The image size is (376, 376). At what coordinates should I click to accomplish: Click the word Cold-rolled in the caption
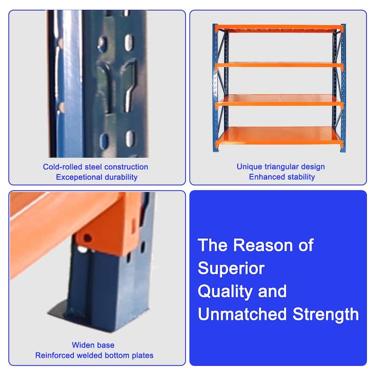[63, 167]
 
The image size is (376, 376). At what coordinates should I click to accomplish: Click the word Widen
[82, 345]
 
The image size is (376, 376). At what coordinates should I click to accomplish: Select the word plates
[143, 356]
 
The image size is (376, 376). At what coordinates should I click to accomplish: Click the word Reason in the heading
[263, 245]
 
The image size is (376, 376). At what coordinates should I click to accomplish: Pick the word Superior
[231, 268]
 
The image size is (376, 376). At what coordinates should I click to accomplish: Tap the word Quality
[225, 291]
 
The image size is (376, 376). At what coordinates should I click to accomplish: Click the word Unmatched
[242, 314]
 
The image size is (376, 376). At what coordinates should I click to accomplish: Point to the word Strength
[326, 314]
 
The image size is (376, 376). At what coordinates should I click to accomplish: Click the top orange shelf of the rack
[279, 28]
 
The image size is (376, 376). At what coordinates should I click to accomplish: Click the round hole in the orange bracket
[87, 238]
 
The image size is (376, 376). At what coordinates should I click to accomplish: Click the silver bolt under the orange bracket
[83, 250]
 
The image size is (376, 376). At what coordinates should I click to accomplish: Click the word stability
[301, 177]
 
